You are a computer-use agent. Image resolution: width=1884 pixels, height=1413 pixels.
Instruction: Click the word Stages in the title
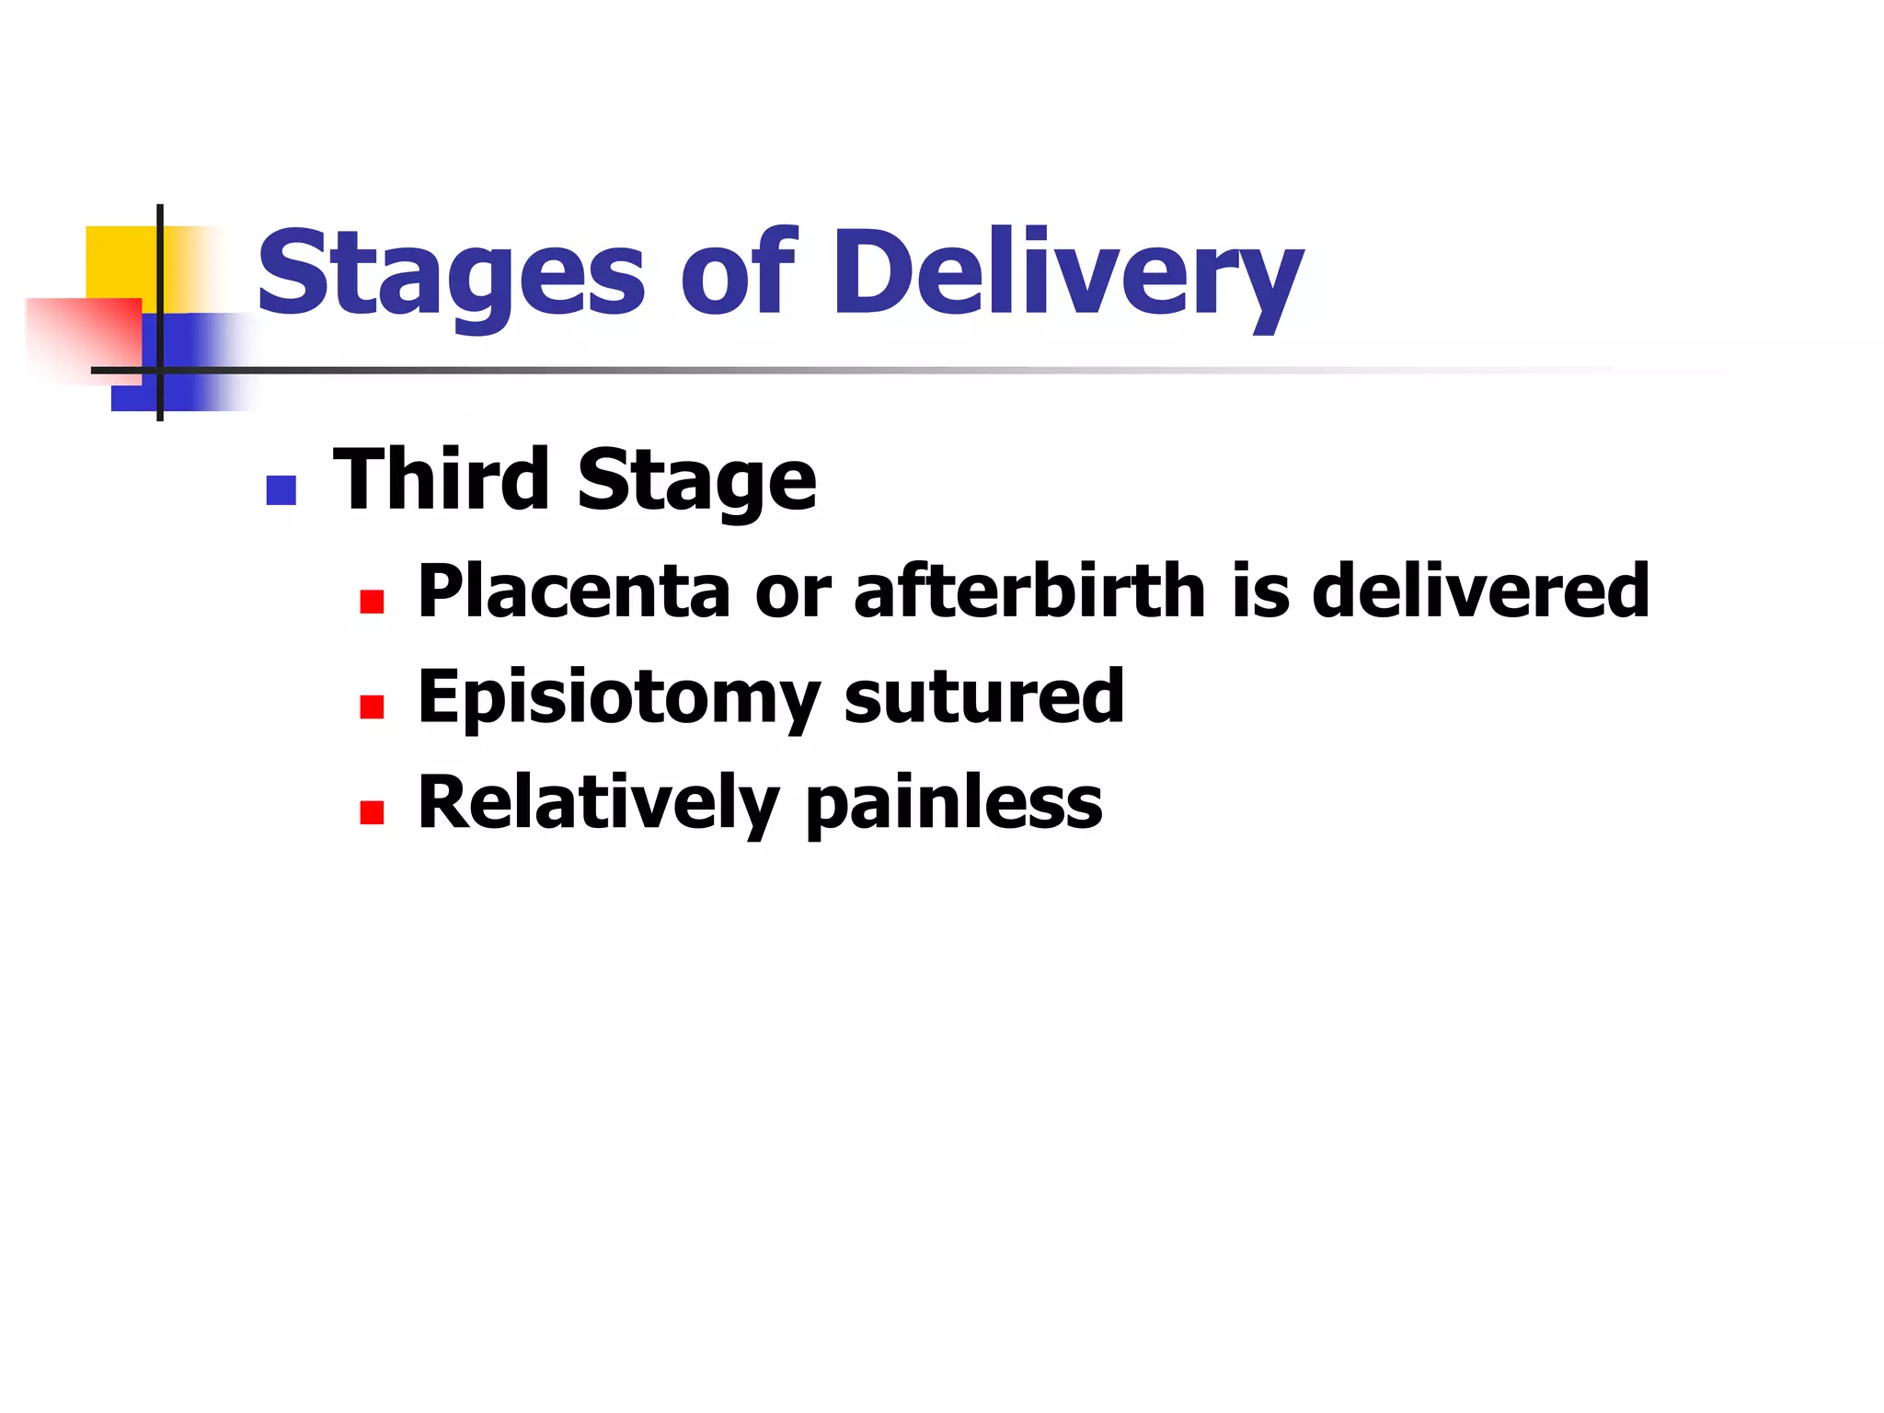[450, 273]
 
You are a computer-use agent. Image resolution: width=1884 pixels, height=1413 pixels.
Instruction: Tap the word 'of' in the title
[736, 273]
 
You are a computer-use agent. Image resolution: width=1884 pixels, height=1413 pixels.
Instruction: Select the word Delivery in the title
[1067, 273]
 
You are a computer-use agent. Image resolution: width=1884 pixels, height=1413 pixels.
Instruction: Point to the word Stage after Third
[696, 480]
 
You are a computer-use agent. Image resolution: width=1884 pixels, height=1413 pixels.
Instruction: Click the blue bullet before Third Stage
[281, 490]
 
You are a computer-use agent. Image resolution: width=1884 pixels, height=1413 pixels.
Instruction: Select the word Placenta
[573, 591]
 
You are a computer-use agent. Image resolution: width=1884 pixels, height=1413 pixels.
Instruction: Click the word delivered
[1480, 591]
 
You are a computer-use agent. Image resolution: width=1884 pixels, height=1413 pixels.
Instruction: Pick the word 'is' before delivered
[1259, 591]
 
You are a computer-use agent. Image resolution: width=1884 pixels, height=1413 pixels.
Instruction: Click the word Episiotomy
[617, 697]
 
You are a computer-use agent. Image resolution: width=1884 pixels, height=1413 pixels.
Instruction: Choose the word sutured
[983, 697]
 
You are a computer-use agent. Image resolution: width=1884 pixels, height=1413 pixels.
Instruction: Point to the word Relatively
[598, 802]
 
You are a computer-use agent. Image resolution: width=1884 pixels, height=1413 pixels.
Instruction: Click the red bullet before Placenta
[372, 602]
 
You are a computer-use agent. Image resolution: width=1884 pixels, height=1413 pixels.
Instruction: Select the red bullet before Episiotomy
[372, 706]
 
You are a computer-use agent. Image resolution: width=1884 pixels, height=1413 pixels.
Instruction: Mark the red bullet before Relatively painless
[372, 812]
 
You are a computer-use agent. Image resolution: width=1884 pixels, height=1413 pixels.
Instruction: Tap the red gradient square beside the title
[83, 336]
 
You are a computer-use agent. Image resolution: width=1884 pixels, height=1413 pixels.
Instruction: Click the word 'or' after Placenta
[792, 592]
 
